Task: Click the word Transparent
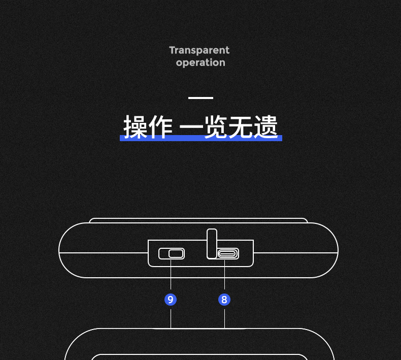coord(199,50)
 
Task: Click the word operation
coord(201,63)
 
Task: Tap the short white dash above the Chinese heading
coord(201,97)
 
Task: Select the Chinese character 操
coord(136,126)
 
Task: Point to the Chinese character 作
coord(161,126)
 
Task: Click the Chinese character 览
coord(215,126)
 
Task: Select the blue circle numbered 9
coord(171,300)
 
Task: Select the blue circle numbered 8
coord(224,300)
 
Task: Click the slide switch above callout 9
coord(172,253)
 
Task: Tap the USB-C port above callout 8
coord(228,253)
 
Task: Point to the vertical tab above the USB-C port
coord(212,243)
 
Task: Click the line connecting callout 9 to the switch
coord(171,277)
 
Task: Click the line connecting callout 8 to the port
coord(224,277)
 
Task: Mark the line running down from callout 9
coord(171,317)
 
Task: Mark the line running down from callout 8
coord(224,317)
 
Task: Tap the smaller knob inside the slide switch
coord(177,253)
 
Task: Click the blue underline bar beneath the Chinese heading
coord(201,138)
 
